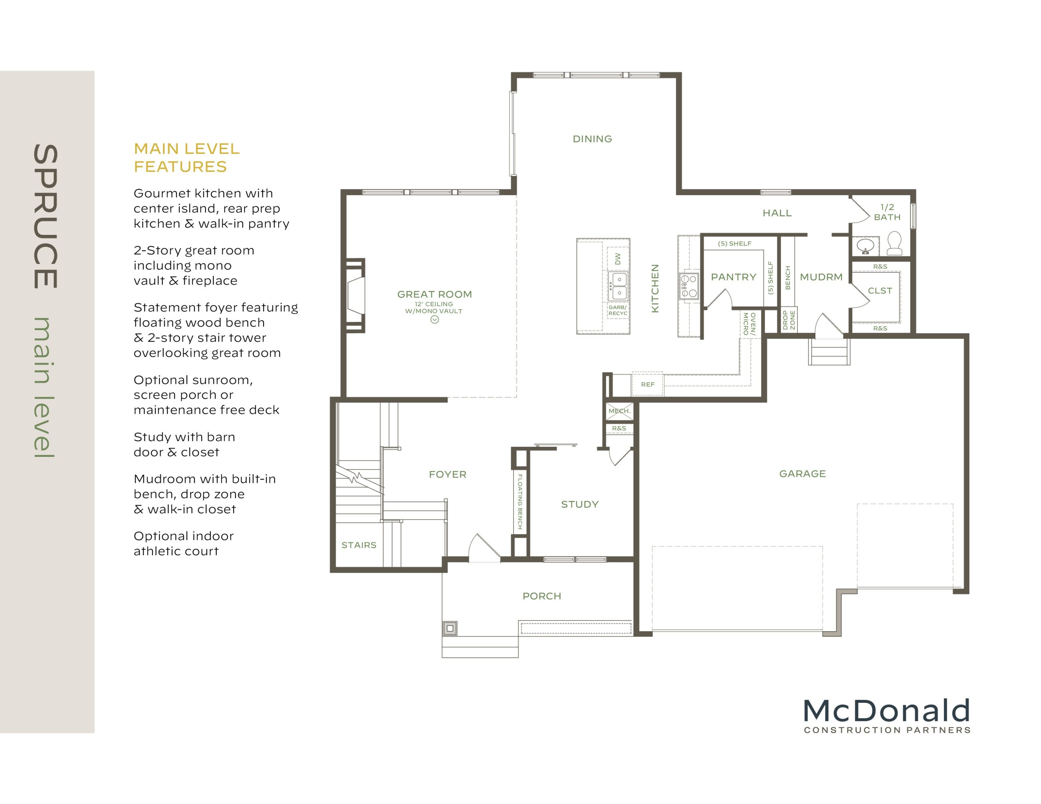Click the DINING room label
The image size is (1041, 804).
pyautogui.click(x=592, y=139)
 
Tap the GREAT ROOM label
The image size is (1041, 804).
pyautogui.click(x=434, y=294)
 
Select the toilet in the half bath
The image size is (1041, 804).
pyautogui.click(x=894, y=243)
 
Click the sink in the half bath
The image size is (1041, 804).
pyautogui.click(x=865, y=246)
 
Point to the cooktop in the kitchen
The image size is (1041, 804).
pyautogui.click(x=688, y=285)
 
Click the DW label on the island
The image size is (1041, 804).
pyautogui.click(x=618, y=259)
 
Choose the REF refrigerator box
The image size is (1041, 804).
pyautogui.click(x=647, y=384)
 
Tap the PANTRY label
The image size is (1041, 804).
pyautogui.click(x=733, y=277)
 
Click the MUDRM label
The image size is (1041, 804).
pyautogui.click(x=821, y=277)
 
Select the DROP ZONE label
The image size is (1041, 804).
pyautogui.click(x=788, y=320)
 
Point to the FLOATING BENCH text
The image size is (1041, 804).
pyautogui.click(x=520, y=501)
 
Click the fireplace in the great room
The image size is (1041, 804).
pyautogui.click(x=355, y=296)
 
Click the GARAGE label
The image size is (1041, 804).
pyautogui.click(x=802, y=474)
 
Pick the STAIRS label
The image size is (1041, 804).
pyautogui.click(x=358, y=545)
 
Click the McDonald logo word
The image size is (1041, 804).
pyautogui.click(x=886, y=711)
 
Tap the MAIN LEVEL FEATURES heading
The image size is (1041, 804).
pyautogui.click(x=186, y=158)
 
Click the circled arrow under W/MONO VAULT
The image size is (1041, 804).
pyautogui.click(x=434, y=320)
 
